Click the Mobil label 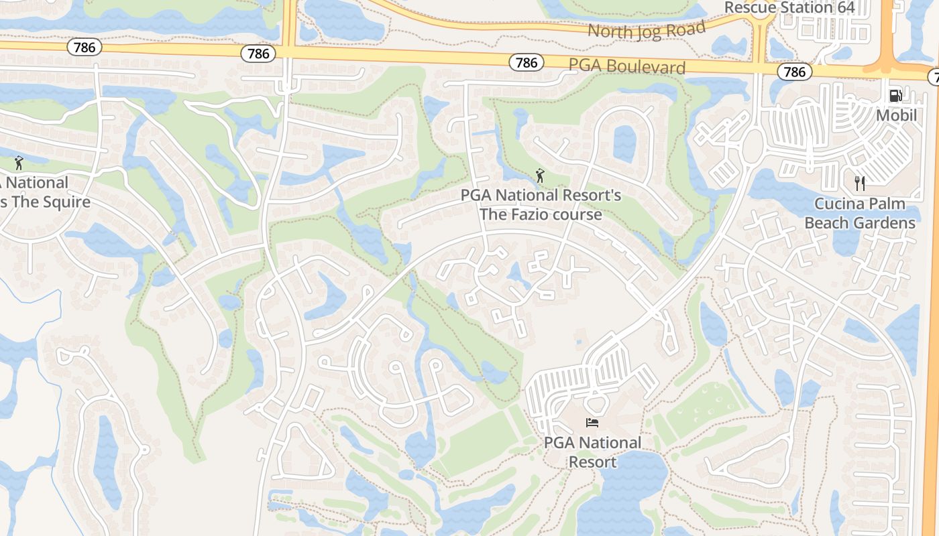[x=896, y=115]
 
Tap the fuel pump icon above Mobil [x=895, y=96]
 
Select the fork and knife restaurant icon [x=860, y=183]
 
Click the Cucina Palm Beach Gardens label [x=860, y=213]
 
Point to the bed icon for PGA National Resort [x=592, y=422]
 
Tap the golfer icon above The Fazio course [x=540, y=176]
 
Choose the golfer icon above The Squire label [x=19, y=163]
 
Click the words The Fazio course [x=540, y=214]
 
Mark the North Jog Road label [x=647, y=30]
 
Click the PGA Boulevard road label [x=627, y=66]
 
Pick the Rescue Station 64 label [x=789, y=7]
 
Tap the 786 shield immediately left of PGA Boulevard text [x=527, y=62]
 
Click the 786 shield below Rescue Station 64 [x=794, y=72]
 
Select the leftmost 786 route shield [x=84, y=47]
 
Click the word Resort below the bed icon [x=592, y=462]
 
